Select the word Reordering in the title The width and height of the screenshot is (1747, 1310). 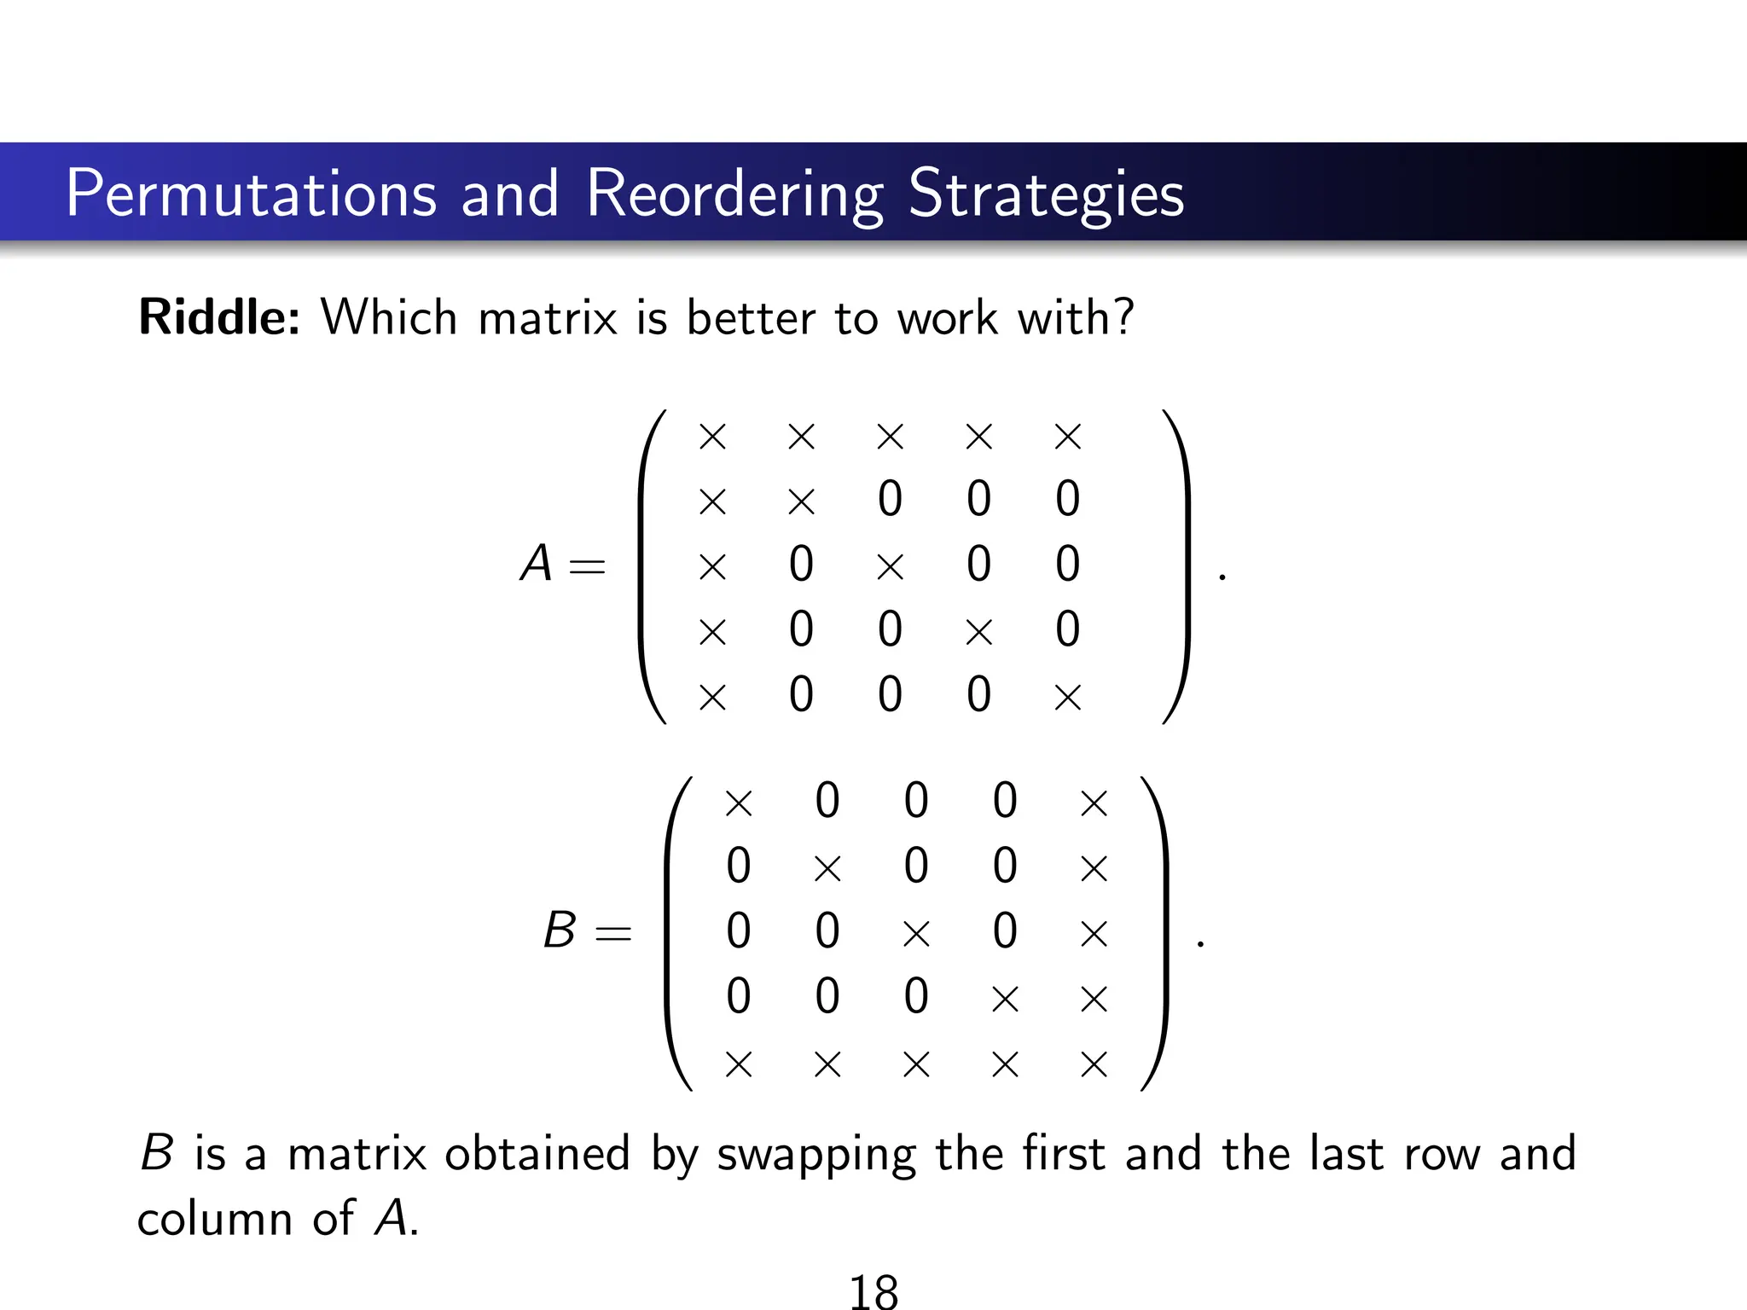(x=734, y=194)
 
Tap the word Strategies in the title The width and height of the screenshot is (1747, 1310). (x=1046, y=194)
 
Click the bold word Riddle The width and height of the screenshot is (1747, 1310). (x=218, y=317)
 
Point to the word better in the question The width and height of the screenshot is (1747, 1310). (x=752, y=317)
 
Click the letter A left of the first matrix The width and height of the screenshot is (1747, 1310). (x=537, y=564)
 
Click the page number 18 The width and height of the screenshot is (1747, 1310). (x=873, y=1291)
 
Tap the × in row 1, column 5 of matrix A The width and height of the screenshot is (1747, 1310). (x=1067, y=437)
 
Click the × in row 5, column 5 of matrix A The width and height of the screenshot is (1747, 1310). (x=1067, y=697)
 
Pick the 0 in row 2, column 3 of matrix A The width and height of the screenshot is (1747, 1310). (x=890, y=499)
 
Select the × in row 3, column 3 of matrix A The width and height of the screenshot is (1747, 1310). (x=890, y=566)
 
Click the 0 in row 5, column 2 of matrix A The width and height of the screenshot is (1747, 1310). (x=801, y=694)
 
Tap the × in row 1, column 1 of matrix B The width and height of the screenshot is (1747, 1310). (x=739, y=803)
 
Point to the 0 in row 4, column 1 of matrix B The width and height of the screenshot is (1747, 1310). (x=739, y=996)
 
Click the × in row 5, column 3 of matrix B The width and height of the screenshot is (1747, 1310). (x=916, y=1064)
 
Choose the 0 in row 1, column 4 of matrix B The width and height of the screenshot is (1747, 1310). (x=1005, y=801)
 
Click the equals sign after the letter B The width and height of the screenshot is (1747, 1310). (x=613, y=933)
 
